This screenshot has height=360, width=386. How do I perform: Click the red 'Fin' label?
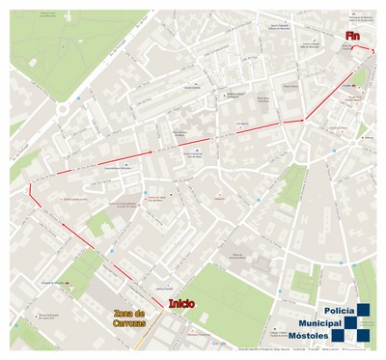(x=356, y=36)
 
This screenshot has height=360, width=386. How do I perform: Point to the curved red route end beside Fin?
(x=371, y=50)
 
